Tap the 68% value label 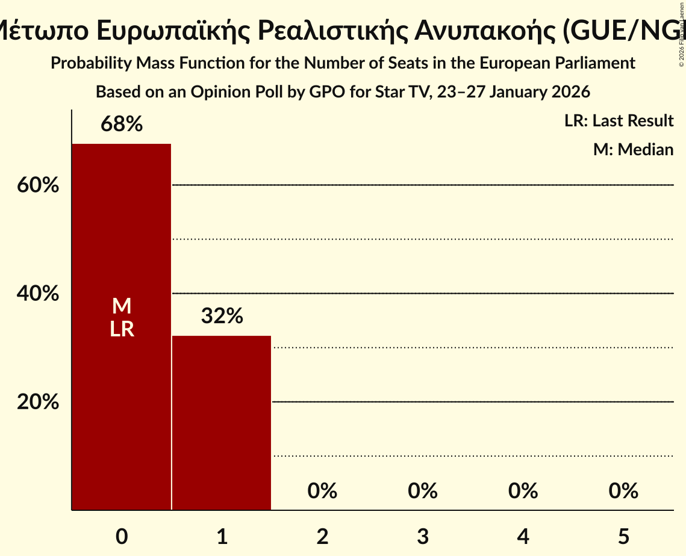[x=122, y=125]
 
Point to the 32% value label [x=222, y=316]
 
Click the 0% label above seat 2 [x=322, y=491]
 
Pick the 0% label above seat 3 [x=423, y=491]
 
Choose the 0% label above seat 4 [x=523, y=491]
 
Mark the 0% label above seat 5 [x=623, y=491]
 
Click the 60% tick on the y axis [x=38, y=185]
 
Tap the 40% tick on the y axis [x=38, y=294]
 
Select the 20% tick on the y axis [x=38, y=402]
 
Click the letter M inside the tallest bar [x=122, y=306]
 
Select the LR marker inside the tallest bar [x=122, y=329]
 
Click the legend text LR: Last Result [x=619, y=121]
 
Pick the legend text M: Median [x=633, y=149]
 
